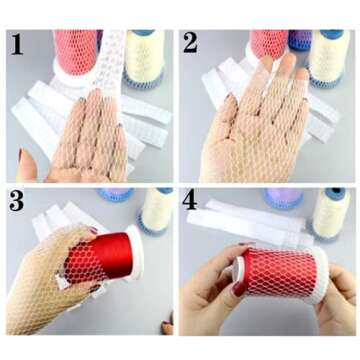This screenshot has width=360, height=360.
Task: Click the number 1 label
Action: [17, 44]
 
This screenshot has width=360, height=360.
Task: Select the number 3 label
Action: [16, 200]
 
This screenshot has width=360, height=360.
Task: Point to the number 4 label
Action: [190, 199]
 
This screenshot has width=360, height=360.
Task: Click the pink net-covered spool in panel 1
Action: [75, 55]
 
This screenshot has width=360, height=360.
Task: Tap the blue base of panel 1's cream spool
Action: [144, 79]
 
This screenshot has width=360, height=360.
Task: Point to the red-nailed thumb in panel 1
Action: [27, 166]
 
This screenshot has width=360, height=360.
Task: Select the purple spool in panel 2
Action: [299, 40]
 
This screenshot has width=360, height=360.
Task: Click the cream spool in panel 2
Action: [329, 57]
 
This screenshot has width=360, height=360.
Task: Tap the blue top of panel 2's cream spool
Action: [332, 34]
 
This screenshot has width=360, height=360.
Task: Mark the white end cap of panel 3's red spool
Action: [136, 252]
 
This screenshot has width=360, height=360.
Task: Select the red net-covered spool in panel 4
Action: [280, 274]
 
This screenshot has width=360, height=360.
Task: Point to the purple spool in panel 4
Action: [283, 199]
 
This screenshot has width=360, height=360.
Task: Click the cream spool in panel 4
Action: [331, 213]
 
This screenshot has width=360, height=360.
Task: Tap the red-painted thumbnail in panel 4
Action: [239, 289]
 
